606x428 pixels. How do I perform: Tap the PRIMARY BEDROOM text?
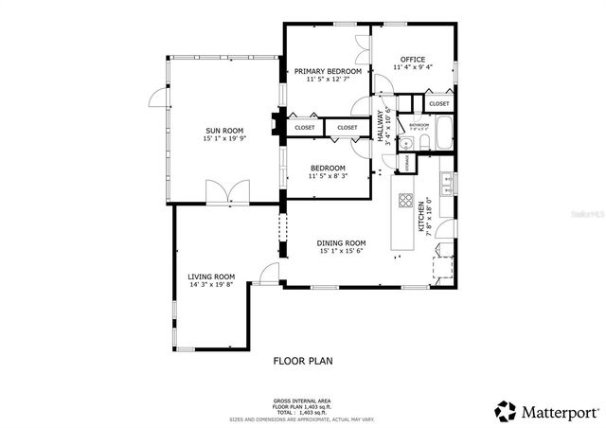(328, 71)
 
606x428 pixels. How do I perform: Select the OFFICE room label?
(413, 60)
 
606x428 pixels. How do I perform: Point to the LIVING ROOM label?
(210, 276)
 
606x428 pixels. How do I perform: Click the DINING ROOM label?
(341, 243)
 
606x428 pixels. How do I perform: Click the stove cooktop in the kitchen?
(406, 201)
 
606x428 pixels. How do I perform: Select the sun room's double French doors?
(227, 192)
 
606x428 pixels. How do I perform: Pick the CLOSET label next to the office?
(438, 104)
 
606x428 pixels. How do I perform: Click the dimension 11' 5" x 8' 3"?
(328, 176)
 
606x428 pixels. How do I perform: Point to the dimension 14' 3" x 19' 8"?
(210, 285)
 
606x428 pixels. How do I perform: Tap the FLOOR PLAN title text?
(303, 361)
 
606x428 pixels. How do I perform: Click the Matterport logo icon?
(506, 412)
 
